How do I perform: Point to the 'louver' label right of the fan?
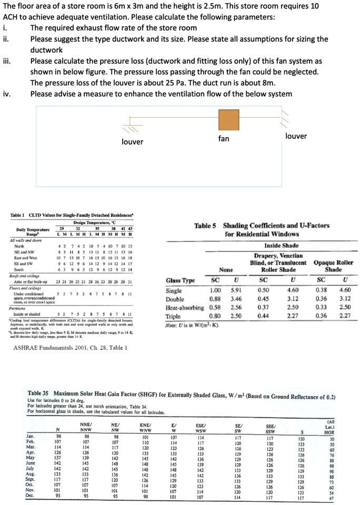point(296,136)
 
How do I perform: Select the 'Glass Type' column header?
point(181,281)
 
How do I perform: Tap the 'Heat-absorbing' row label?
point(184,307)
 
